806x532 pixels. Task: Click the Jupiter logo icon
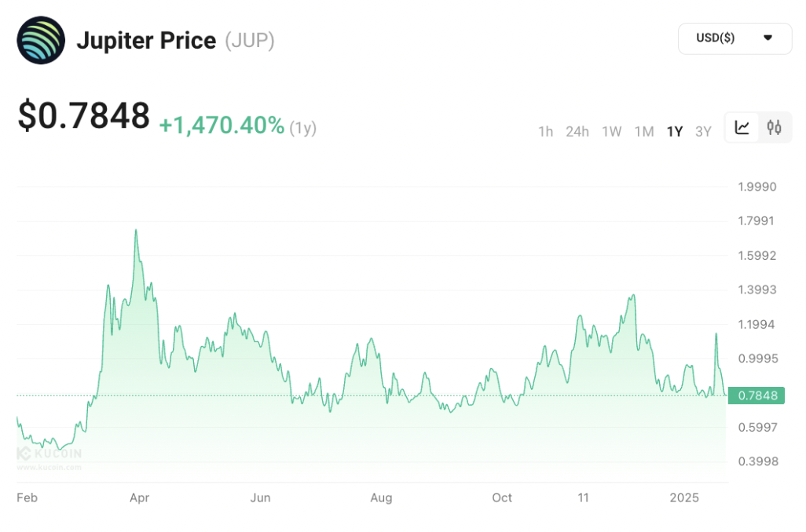(41, 40)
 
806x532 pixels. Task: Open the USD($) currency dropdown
(735, 38)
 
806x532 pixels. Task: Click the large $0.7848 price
(84, 116)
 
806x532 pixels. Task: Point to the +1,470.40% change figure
(222, 125)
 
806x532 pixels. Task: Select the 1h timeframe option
(545, 131)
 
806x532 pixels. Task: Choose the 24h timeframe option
(577, 131)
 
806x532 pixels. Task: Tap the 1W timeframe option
(611, 131)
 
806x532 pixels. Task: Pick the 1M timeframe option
(644, 131)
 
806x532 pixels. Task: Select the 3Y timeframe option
(703, 131)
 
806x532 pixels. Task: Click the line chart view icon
(742, 128)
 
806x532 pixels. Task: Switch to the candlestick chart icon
(775, 128)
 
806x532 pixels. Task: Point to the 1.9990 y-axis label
(757, 187)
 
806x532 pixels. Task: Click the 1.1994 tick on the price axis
(757, 324)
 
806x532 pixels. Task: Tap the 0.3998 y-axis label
(757, 461)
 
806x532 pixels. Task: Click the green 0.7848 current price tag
(757, 395)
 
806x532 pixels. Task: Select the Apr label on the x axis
(139, 497)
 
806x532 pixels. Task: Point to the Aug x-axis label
(381, 497)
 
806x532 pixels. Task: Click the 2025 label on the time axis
(684, 497)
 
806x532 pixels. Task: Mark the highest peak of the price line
(136, 230)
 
